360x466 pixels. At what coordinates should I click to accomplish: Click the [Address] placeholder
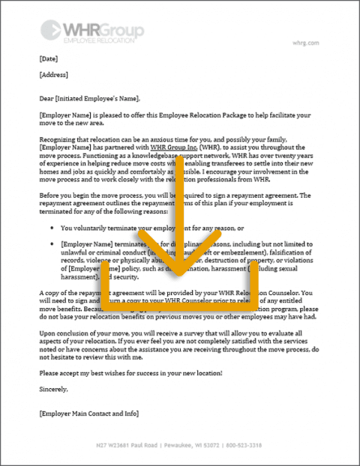tap(54, 74)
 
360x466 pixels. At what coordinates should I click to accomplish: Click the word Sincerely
tap(54, 388)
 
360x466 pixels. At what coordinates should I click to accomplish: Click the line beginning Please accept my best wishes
tap(130, 372)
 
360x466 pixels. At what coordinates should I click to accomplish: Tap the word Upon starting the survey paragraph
tap(48, 332)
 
